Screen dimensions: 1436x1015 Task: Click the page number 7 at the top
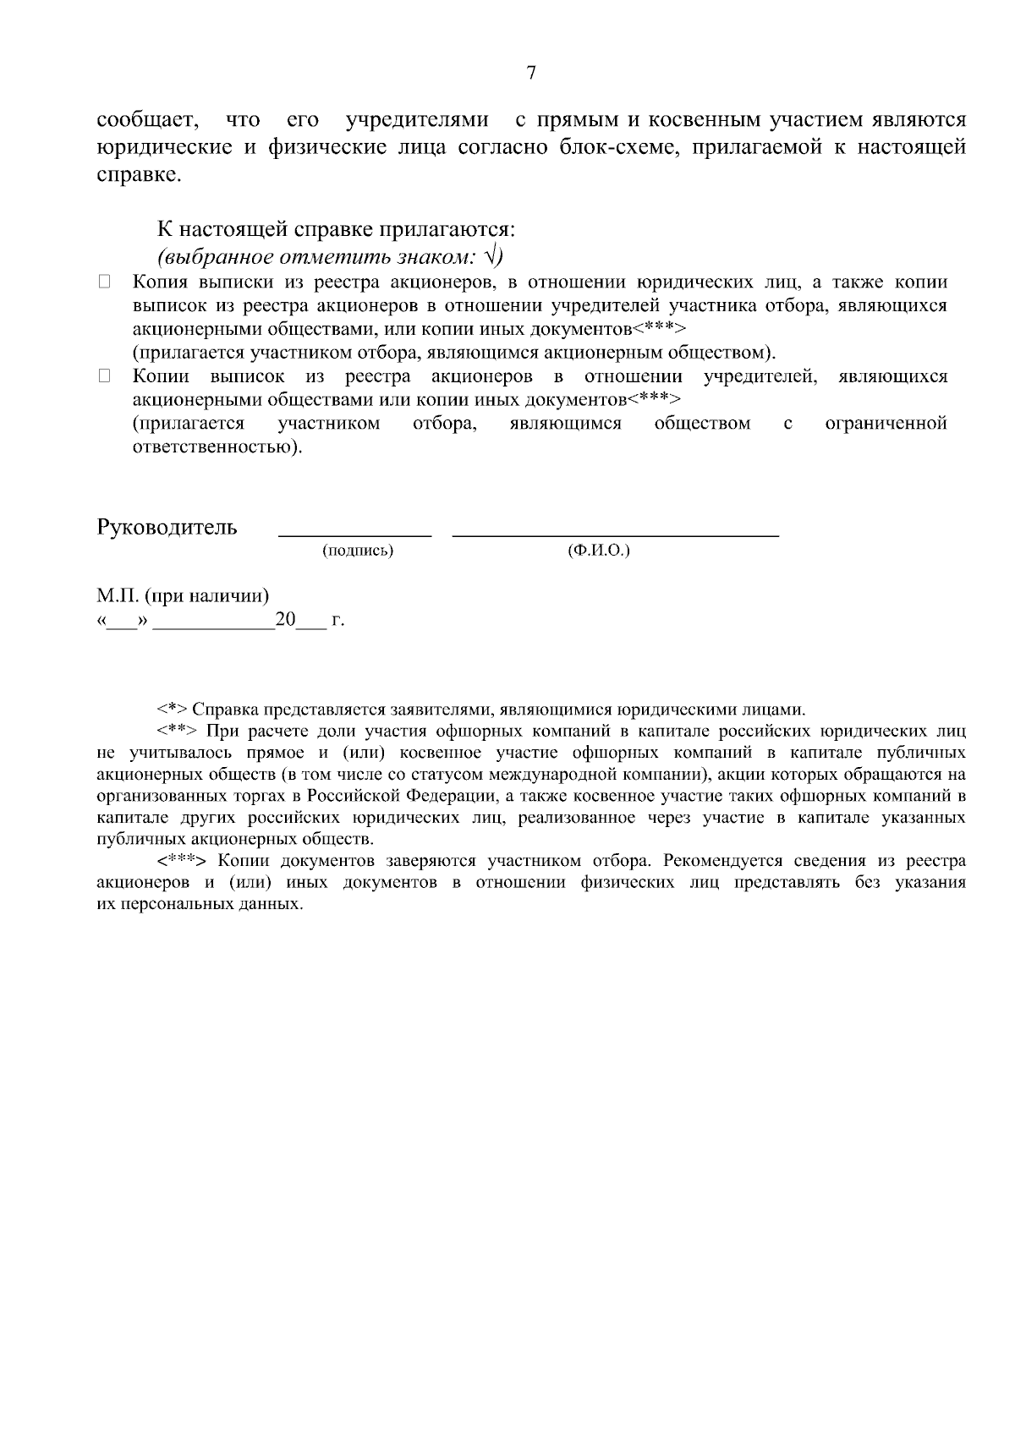point(531,73)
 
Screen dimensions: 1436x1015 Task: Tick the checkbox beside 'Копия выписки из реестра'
point(105,282)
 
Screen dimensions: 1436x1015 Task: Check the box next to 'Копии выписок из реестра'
point(105,376)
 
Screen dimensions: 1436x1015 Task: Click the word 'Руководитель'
point(167,528)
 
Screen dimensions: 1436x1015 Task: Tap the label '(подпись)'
point(358,551)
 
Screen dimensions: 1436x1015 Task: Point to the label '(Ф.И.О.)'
point(599,551)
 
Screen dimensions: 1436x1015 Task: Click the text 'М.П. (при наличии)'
point(183,596)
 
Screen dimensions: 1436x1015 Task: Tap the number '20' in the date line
point(285,620)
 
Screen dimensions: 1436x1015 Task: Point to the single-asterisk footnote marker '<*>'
point(172,710)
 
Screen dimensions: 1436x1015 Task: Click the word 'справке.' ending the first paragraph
point(139,176)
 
